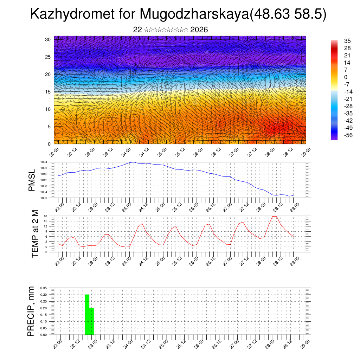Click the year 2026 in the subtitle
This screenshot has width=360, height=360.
point(199,30)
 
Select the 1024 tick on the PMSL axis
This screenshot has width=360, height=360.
point(44,162)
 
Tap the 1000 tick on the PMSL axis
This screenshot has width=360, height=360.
point(44,198)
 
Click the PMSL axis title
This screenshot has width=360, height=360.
point(32,180)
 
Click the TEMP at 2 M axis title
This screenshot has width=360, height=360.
point(35,234)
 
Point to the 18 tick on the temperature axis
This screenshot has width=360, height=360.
point(46,216)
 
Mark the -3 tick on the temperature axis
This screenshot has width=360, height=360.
point(46,252)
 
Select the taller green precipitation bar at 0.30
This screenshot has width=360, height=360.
point(87,314)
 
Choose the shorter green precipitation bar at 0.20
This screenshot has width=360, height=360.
point(92,321)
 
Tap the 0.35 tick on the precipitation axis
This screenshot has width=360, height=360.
point(44,288)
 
